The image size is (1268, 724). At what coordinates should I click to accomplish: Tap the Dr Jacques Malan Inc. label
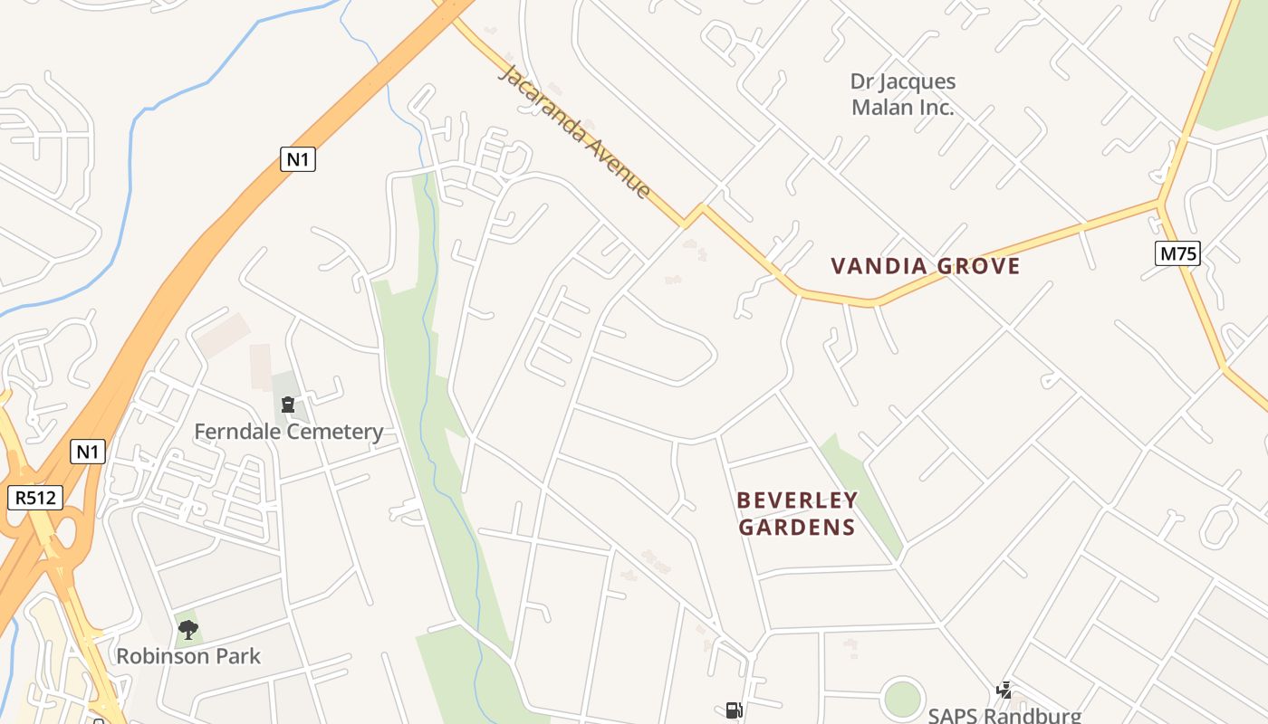[902, 94]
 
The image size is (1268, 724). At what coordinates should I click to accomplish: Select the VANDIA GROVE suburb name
[925, 266]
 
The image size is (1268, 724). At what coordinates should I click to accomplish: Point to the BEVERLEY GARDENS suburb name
[797, 513]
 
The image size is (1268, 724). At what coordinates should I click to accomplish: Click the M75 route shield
[1177, 253]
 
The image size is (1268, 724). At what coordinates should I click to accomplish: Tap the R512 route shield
[35, 497]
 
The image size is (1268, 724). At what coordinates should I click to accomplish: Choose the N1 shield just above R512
[88, 451]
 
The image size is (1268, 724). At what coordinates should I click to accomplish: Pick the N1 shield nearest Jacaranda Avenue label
[298, 159]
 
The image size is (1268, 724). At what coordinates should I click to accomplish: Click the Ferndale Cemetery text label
[288, 432]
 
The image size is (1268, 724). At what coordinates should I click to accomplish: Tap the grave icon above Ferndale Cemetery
[288, 404]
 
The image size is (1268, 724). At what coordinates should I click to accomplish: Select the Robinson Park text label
[188, 656]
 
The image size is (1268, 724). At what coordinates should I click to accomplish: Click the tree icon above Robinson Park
[188, 629]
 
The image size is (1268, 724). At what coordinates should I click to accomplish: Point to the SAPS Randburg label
[1004, 715]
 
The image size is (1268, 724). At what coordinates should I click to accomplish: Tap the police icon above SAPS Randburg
[1004, 691]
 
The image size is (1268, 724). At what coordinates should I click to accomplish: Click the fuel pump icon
[734, 710]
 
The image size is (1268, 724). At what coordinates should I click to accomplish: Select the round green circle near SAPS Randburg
[902, 699]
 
